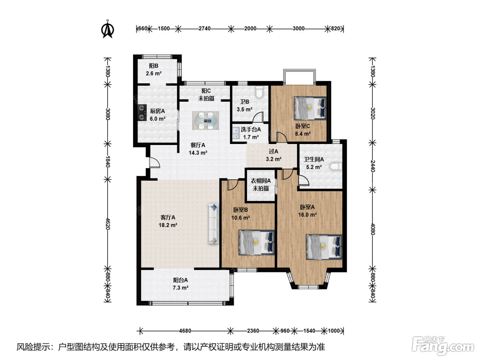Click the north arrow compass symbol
pos(108,29)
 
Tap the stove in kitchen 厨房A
pos(142,112)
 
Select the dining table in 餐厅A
pos(206,121)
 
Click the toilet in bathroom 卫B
pos(259,92)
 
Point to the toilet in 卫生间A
pos(336,166)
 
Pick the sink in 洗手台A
pos(236,133)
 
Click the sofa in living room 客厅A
pos(214,224)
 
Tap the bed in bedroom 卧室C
pos(310,108)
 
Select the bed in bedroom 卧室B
pos(256,242)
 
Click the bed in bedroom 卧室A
pos(324,247)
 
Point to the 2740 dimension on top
pos(204,29)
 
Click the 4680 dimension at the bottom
pos(185,331)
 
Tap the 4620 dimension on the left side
pos(108,224)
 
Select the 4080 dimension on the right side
pos(373,229)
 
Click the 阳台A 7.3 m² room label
pos(180,284)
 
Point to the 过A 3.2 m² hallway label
pos(274,155)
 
